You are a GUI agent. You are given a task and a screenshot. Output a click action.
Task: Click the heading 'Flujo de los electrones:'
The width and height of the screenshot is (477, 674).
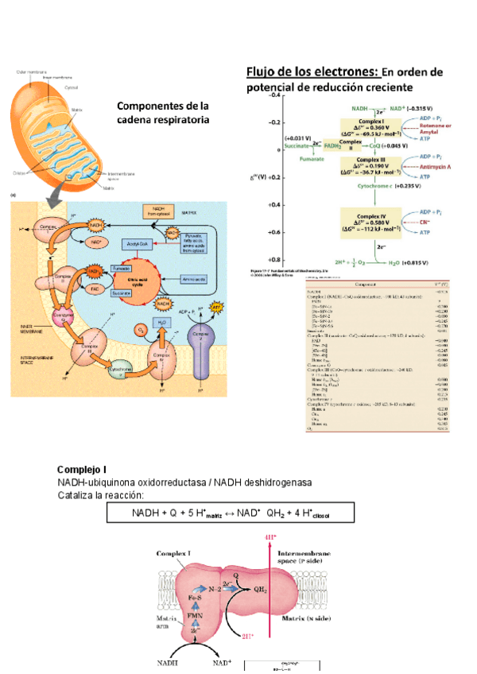[315, 71]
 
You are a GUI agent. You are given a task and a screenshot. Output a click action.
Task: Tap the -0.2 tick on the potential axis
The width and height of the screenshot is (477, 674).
[273, 122]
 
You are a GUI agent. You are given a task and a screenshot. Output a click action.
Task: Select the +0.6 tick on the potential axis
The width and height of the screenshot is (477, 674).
[273, 232]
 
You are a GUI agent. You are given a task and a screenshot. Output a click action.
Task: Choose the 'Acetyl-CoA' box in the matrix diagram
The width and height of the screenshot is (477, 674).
[136, 244]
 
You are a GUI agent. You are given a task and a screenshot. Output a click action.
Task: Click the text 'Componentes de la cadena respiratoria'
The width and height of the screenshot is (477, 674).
[162, 112]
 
